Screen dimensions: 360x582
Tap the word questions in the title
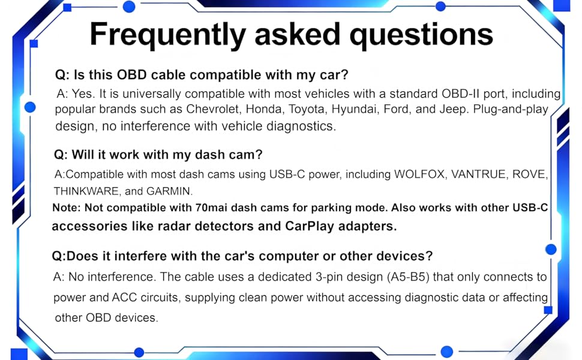[421, 35]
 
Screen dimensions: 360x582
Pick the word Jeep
[455, 110]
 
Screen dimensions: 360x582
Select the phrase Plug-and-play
[511, 110]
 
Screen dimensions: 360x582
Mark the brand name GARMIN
[169, 191]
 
